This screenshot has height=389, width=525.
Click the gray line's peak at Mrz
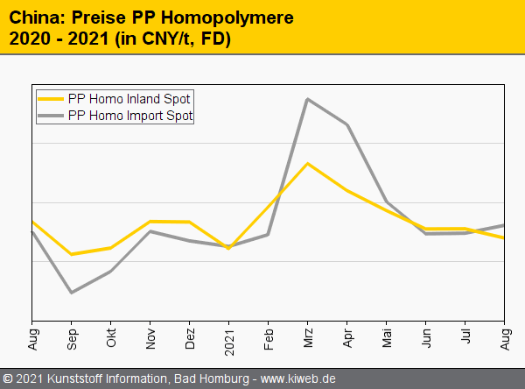pos(307,99)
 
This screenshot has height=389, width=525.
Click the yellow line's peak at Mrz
pos(307,164)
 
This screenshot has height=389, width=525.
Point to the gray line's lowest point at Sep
pos(71,292)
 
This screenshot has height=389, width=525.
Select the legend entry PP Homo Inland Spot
pos(129,98)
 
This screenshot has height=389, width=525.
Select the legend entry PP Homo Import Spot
pos(129,115)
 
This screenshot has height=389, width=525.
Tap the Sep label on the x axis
pos(73,337)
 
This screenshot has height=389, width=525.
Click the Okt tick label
pos(112,336)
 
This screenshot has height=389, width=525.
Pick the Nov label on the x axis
pos(151,337)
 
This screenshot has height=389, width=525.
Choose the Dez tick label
pos(191,337)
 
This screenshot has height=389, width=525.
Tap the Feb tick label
pos(269,337)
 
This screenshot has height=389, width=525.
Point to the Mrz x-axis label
pos(309,336)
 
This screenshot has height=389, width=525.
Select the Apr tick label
pos(348,337)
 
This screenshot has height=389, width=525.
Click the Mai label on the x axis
pos(388,336)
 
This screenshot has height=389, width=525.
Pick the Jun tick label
pos(427,337)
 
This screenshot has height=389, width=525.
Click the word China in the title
pos(34,18)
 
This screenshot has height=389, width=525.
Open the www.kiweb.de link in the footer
pos(299,378)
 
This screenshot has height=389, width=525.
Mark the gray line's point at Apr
pos(347,124)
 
